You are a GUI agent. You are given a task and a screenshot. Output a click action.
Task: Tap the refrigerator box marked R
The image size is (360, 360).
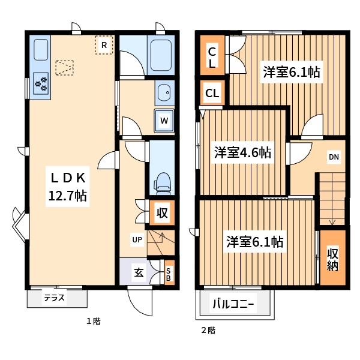[104, 45]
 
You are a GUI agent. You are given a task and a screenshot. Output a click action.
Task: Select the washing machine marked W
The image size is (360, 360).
[163, 120]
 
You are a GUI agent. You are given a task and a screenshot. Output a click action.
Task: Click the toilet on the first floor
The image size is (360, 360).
[161, 182]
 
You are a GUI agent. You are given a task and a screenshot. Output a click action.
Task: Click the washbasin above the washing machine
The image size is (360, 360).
[164, 93]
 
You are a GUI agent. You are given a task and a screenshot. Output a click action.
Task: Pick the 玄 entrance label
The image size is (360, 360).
[139, 272]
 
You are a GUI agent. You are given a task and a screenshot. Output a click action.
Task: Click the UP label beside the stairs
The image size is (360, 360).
[137, 240]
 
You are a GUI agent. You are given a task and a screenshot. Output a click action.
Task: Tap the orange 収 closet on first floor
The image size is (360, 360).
[161, 212]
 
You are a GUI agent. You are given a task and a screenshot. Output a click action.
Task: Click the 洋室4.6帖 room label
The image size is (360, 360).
[242, 152]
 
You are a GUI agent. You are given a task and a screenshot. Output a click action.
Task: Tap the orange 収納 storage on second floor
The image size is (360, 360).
[332, 259]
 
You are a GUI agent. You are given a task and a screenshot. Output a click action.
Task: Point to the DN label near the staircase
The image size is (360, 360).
[334, 158]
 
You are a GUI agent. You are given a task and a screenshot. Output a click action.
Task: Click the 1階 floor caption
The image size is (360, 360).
[92, 322]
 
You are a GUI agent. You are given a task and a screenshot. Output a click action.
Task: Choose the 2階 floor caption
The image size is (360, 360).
[208, 330]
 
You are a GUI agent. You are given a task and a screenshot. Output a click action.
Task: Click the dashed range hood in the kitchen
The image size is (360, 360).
[64, 67]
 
